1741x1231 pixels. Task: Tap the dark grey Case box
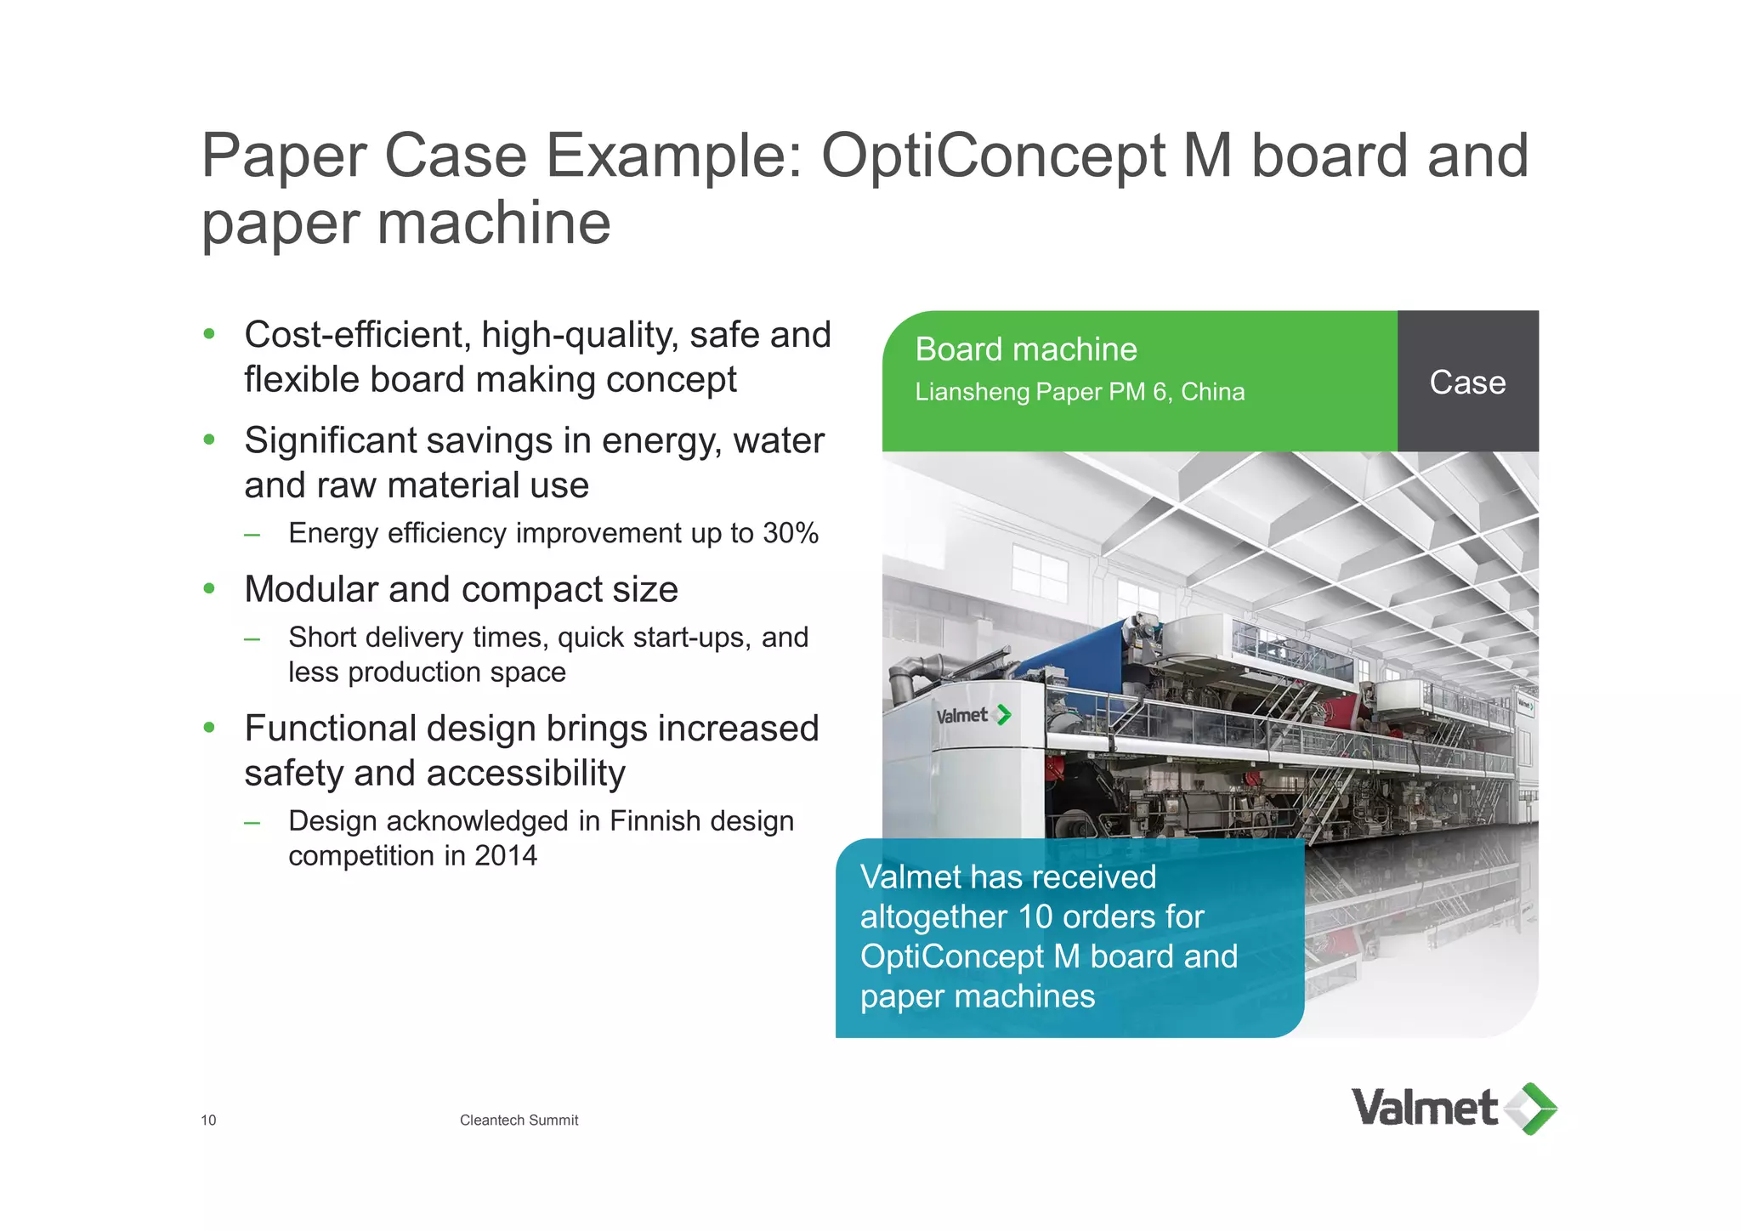pos(1467,382)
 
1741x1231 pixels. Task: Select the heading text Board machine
pos(1025,349)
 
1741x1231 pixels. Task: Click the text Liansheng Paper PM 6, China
pos(1079,392)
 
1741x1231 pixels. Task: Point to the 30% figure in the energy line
pos(791,533)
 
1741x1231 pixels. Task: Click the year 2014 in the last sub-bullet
pos(506,855)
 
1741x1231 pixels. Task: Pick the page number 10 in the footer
pos(208,1120)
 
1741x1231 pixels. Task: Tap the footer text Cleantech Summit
pos(519,1120)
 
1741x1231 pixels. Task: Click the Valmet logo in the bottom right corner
pos(1454,1109)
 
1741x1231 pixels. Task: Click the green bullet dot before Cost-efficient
pos(209,334)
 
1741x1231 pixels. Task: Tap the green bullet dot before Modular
pos(209,588)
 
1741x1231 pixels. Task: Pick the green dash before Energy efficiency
pos(252,535)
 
